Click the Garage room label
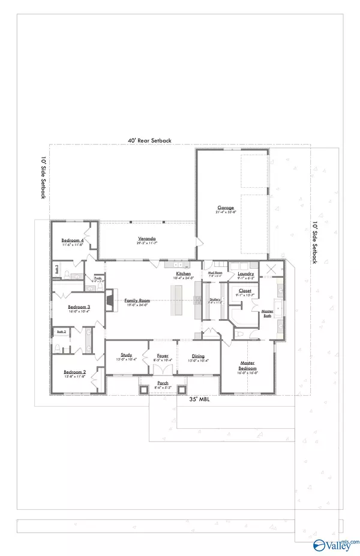226,208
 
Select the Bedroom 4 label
72,241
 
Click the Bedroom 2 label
75,372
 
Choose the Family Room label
137,300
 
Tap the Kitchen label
184,274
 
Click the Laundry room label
245,274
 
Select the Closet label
245,291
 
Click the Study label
126,355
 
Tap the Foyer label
163,355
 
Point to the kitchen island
178,300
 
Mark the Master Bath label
267,313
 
